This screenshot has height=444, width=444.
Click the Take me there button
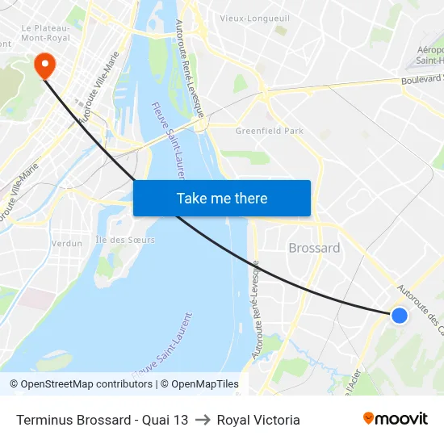tap(222, 199)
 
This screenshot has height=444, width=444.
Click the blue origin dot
tap(399, 316)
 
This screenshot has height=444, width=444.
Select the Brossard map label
tap(314, 248)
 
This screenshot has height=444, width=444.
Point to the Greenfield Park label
tap(269, 131)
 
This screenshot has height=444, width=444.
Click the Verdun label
tap(66, 243)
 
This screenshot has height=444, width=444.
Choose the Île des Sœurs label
tap(125, 240)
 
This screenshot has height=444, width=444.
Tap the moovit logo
tap(395, 419)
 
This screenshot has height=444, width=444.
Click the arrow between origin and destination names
tap(202, 420)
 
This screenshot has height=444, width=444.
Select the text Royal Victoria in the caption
tap(258, 420)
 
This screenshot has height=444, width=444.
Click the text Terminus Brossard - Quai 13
tap(102, 420)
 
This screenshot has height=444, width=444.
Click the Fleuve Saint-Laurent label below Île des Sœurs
tap(165, 343)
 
